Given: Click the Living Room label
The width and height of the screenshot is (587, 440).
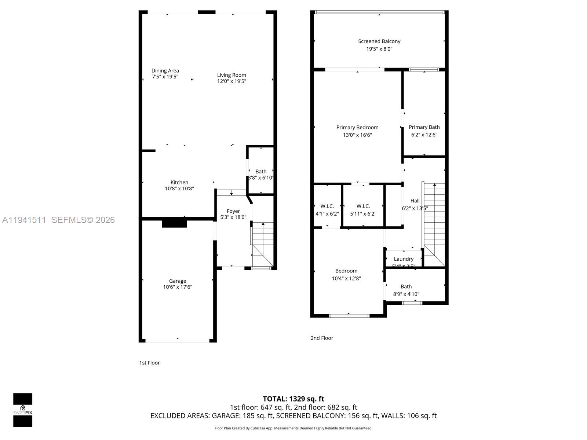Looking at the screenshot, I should tap(231, 75).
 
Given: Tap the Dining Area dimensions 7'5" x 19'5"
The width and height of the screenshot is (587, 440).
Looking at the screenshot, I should tap(165, 77).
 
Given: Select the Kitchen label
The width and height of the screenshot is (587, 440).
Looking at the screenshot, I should tap(179, 182).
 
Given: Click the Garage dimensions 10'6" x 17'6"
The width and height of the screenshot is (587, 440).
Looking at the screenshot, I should tap(178, 287).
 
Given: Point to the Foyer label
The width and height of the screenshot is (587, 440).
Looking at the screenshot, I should tap(233, 211).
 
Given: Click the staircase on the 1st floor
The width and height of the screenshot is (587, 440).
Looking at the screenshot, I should tap(263, 244).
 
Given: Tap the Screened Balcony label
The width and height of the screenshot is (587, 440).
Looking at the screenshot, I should tap(379, 41).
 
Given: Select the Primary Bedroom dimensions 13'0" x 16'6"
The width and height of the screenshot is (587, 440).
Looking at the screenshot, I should tap(357, 135).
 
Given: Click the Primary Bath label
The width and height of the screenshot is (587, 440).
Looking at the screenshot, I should tap(424, 127).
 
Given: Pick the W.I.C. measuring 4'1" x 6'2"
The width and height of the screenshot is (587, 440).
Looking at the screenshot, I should tap(327, 210).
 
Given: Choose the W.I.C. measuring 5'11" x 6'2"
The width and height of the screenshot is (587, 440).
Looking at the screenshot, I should tap(363, 210).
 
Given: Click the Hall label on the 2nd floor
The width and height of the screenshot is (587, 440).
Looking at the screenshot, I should tap(415, 201).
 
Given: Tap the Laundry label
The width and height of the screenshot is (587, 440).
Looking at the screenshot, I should tap(404, 259).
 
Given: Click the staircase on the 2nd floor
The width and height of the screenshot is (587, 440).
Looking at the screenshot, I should tap(434, 224).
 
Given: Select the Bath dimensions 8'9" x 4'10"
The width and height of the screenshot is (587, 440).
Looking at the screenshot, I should tap(406, 294).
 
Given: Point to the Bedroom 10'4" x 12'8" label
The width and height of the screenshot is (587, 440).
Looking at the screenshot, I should tap(346, 271).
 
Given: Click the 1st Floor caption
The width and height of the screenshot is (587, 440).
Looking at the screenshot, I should tap(149, 363).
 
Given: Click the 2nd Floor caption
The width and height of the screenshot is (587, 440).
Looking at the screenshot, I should tap(322, 338).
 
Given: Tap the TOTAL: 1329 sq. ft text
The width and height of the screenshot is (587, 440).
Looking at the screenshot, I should tap(293, 399).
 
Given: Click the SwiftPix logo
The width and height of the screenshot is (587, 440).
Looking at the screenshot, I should tap(23, 410).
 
